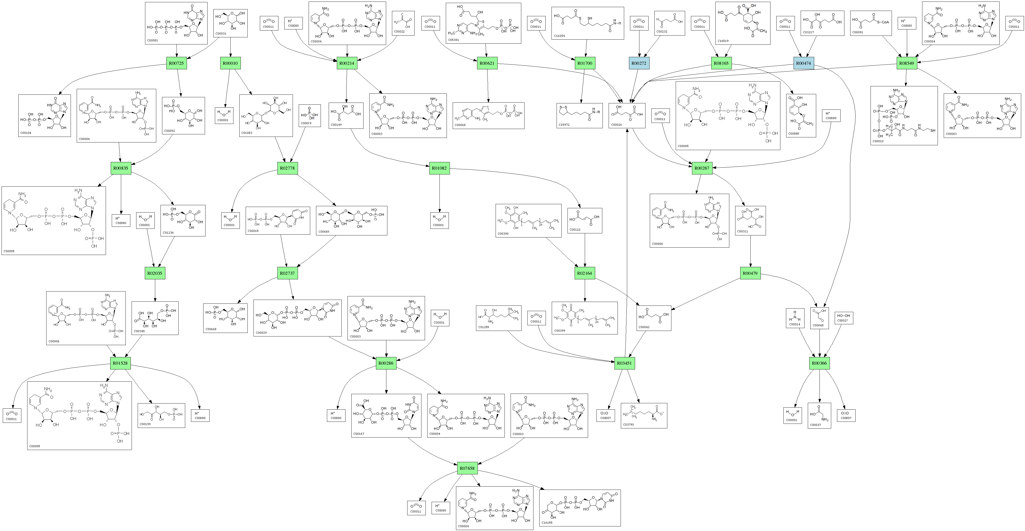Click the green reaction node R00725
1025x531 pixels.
pos(176,63)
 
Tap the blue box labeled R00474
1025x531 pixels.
pos(804,63)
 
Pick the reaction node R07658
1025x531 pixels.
pos(467,468)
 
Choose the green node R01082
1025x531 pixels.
pos(439,168)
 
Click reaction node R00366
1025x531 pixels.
pos(819,363)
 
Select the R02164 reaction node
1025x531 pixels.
pos(585,273)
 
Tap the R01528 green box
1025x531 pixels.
pos(120,363)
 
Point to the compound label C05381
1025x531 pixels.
pos(454,40)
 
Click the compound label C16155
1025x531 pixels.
pos(547,523)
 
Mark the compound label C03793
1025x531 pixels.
pos(628,424)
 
